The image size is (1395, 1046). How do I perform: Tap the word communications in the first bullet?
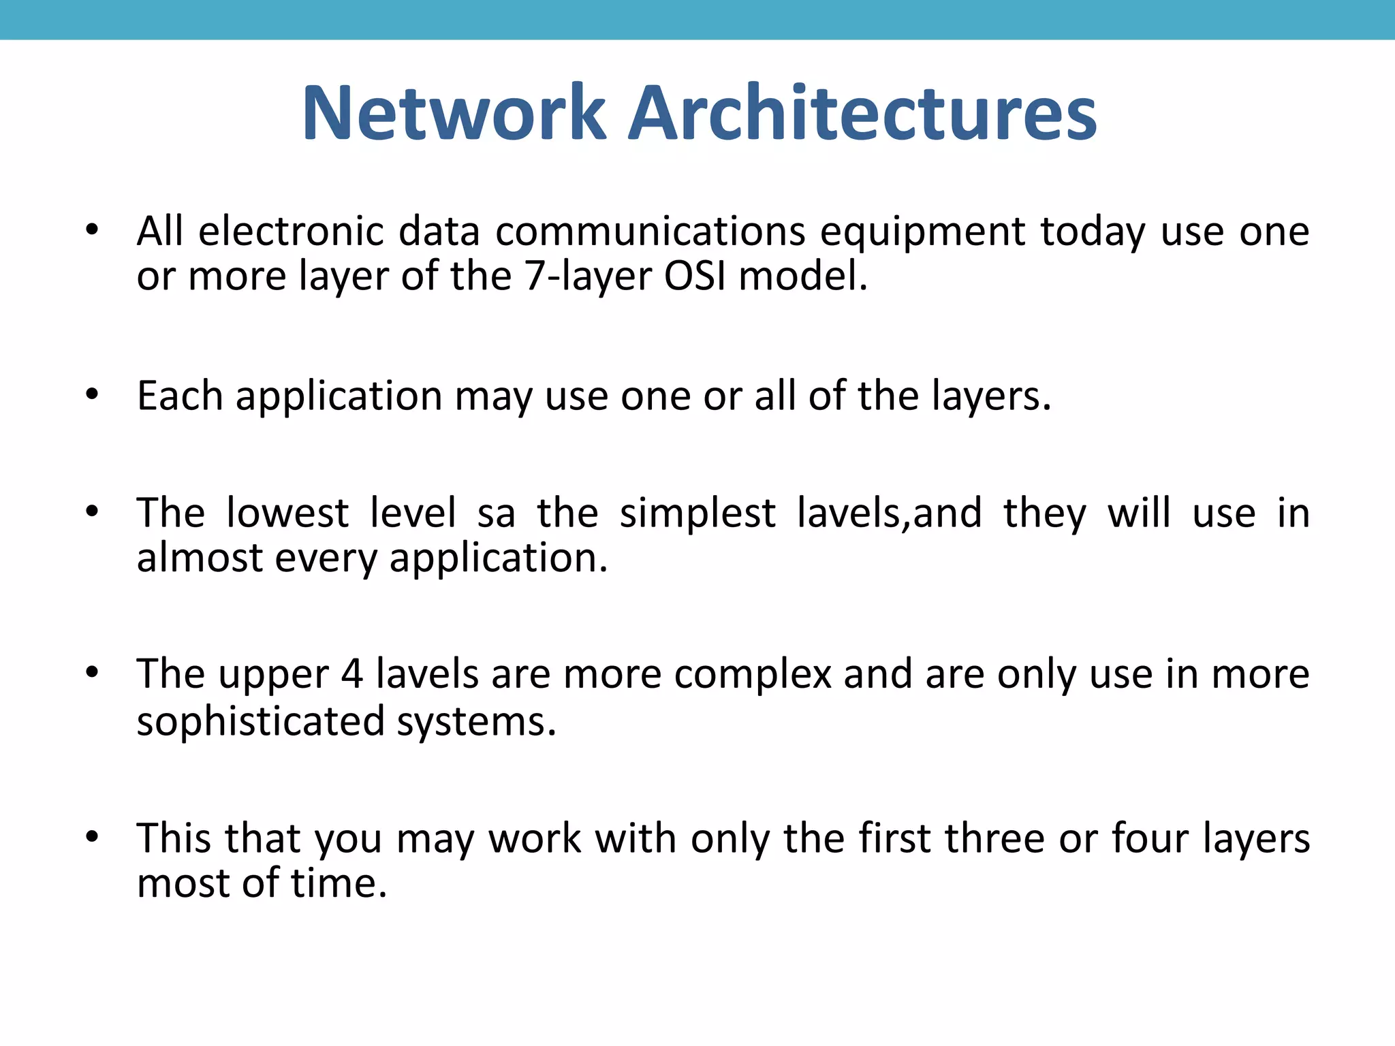tap(651, 232)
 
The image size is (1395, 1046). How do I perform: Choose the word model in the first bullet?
tap(802, 276)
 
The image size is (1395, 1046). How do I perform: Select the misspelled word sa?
tap(496, 514)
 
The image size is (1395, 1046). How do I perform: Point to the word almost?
tap(200, 558)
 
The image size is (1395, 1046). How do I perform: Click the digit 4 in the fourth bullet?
tap(352, 675)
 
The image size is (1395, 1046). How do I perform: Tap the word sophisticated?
tap(261, 721)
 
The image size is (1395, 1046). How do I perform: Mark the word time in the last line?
tap(339, 883)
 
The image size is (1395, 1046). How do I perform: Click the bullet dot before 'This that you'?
tap(92, 836)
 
